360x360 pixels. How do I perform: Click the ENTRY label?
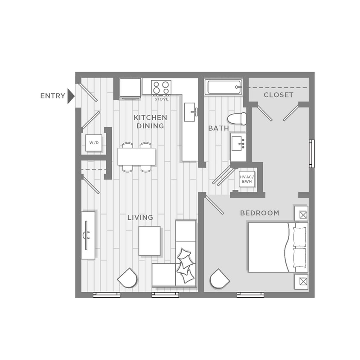(x=52, y=96)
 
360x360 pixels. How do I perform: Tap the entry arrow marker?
(x=71, y=96)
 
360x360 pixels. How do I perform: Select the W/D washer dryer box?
(x=94, y=143)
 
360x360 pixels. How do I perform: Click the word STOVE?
(x=162, y=99)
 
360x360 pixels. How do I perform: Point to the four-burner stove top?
(x=162, y=87)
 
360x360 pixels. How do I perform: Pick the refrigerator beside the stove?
(x=130, y=88)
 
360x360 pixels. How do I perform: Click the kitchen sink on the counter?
(x=190, y=112)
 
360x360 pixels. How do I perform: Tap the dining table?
(x=136, y=157)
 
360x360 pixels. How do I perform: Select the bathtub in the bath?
(x=224, y=87)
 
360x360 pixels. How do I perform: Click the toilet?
(x=237, y=119)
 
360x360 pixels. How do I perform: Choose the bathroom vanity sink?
(x=238, y=143)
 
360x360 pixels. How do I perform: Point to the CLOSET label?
(x=279, y=95)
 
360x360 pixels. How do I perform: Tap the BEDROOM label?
(x=260, y=213)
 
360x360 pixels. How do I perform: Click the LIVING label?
(x=140, y=218)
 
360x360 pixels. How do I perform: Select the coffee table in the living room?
(x=150, y=241)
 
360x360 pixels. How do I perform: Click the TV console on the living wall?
(x=88, y=235)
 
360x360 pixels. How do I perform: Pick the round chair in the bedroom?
(x=219, y=279)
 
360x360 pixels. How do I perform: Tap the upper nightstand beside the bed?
(x=302, y=214)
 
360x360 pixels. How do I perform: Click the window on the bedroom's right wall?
(x=312, y=153)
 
